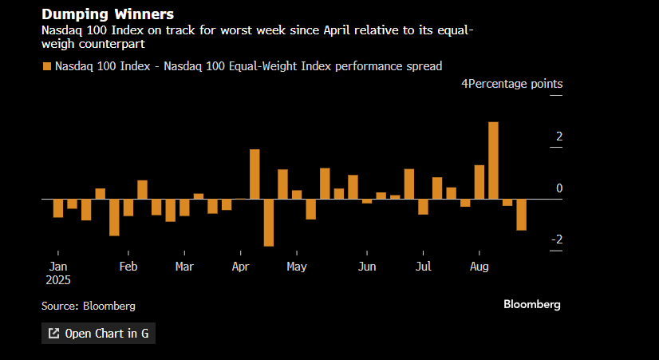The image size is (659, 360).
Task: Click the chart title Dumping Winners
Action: point(108,14)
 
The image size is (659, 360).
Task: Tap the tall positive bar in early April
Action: point(255,174)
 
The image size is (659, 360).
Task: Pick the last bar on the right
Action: point(522,214)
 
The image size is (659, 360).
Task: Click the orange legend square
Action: point(47,66)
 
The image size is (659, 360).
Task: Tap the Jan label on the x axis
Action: point(58,267)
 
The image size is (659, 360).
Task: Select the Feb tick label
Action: point(128,267)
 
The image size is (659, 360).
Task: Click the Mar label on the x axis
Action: point(184,267)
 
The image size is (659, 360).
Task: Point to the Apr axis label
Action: point(241,267)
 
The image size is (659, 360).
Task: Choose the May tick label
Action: point(297,267)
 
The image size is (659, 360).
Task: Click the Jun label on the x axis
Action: point(367,267)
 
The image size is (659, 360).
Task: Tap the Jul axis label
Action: point(424,267)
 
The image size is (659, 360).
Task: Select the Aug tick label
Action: point(479,267)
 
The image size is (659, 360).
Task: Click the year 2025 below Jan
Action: point(58,280)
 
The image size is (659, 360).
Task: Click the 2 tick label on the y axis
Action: point(559,136)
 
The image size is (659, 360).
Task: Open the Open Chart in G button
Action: point(98,334)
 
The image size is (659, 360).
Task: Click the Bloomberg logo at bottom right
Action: point(531,304)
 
